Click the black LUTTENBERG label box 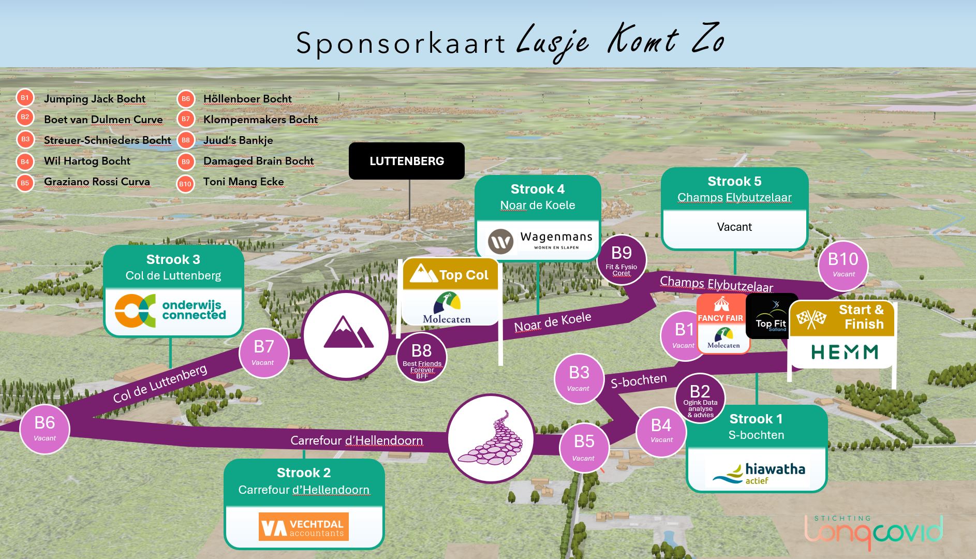click(407, 161)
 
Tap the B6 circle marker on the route click(45, 429)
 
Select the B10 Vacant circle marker click(843, 264)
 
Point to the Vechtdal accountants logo click(304, 527)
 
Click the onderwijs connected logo click(171, 311)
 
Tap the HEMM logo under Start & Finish click(845, 352)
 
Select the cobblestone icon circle click(491, 438)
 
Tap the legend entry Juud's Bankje click(238, 140)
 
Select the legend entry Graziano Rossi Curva click(97, 182)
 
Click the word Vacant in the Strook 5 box click(734, 227)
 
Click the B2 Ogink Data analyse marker click(700, 398)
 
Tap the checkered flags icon click(811, 319)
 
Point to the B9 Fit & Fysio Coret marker click(622, 259)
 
